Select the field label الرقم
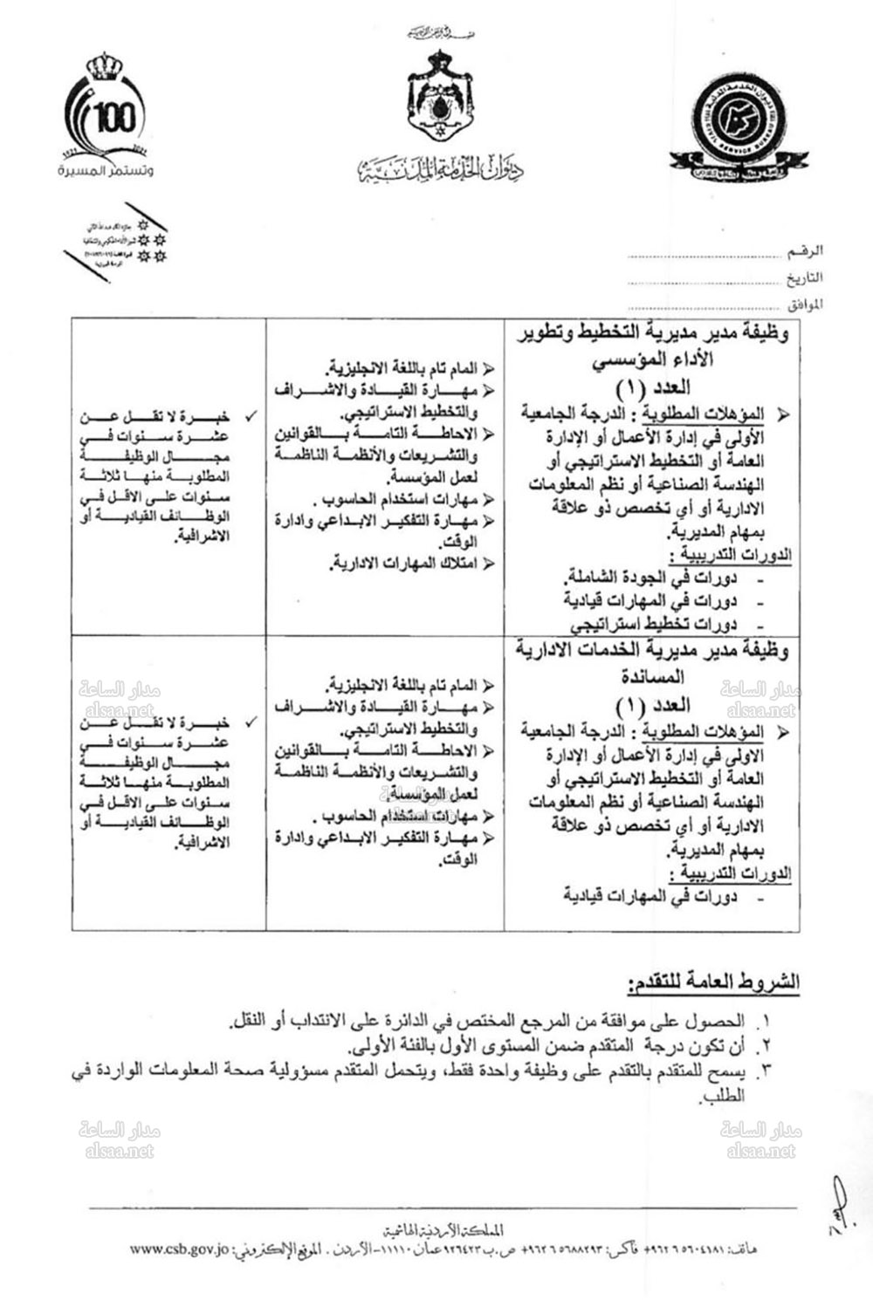point(804,251)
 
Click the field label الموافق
point(803,306)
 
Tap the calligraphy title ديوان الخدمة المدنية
point(440,168)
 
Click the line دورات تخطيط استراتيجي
point(654,623)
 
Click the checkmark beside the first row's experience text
point(250,417)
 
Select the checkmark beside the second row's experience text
point(250,722)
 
